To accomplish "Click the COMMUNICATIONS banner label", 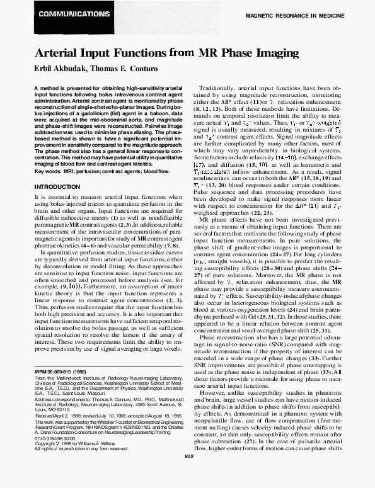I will coord(63,13).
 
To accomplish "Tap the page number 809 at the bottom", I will coord(188,474).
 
